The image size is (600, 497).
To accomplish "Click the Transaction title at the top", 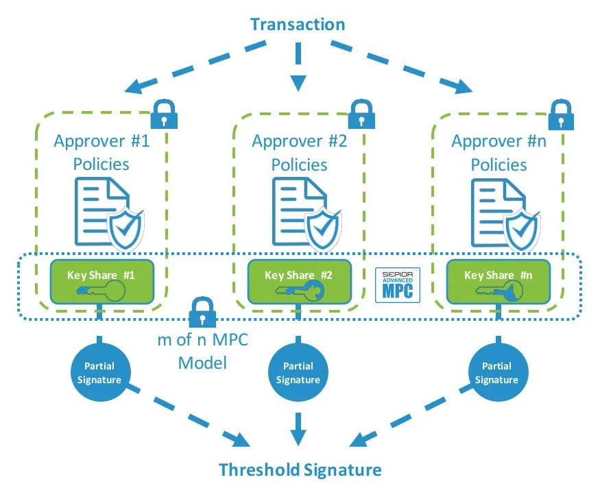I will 298,25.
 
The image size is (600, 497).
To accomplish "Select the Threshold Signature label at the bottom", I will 300,470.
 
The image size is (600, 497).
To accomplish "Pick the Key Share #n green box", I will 498,282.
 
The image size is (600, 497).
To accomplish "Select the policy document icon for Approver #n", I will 497,209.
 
